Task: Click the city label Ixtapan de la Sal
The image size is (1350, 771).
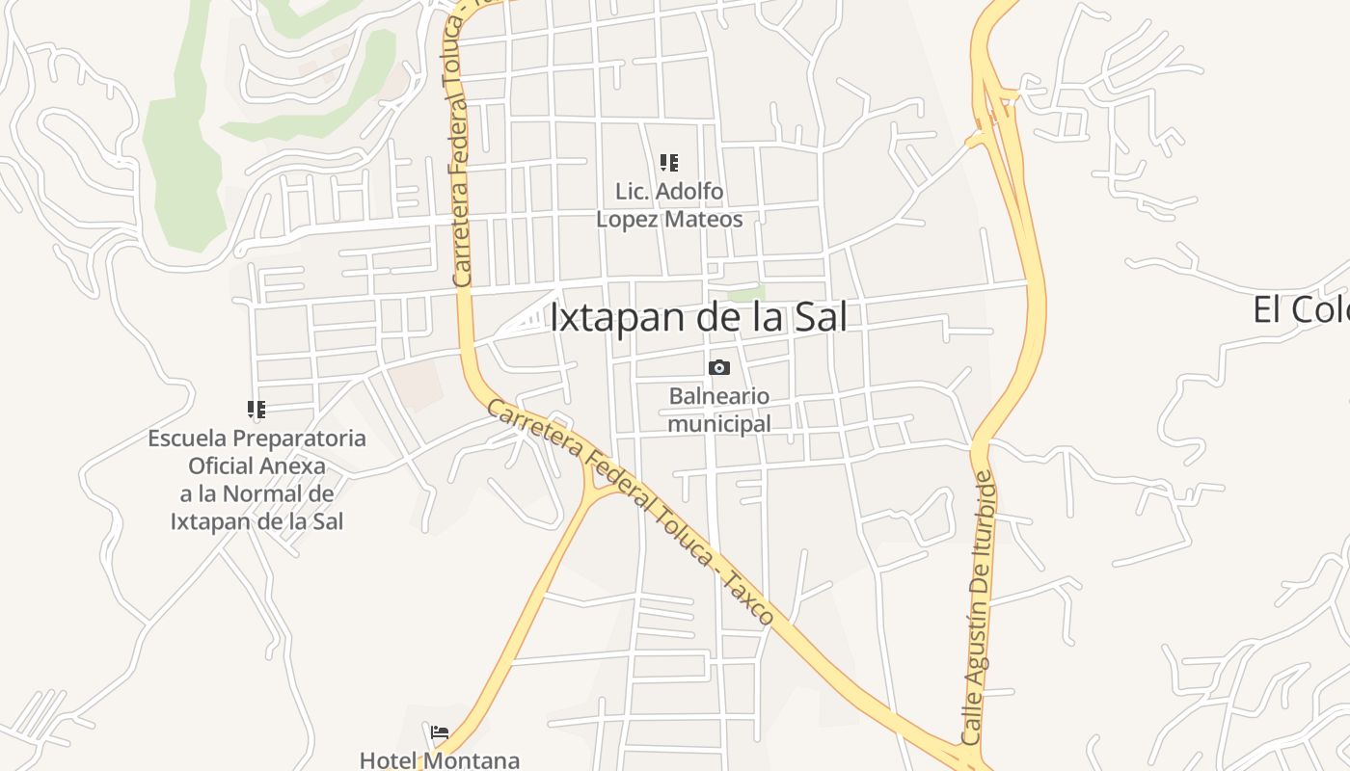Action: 698,317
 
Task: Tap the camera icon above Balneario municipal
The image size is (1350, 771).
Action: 718,367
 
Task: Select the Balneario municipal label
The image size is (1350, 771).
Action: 719,410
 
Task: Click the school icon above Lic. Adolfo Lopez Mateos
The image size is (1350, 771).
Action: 668,162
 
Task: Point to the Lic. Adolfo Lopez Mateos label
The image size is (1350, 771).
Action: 669,205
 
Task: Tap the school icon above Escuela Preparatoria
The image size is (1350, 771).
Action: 256,410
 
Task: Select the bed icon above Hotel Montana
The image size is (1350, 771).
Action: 440,732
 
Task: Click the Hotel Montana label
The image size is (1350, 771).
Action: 440,759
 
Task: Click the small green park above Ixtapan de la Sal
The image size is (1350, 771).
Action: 746,291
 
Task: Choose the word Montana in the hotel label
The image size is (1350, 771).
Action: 475,759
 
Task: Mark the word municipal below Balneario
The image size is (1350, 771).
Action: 719,423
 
